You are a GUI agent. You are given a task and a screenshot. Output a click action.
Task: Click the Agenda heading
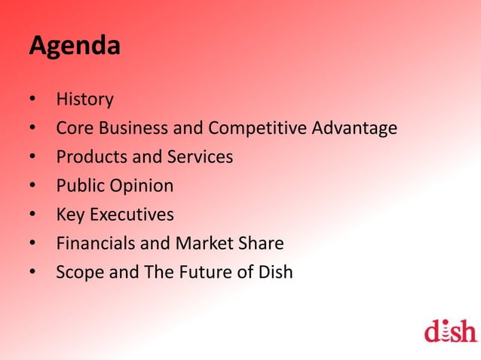point(75,47)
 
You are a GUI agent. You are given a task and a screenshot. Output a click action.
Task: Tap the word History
point(84,99)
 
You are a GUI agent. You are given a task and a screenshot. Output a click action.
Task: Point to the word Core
point(73,129)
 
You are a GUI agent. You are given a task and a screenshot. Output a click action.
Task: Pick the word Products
point(87,157)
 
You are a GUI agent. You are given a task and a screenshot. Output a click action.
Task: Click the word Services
point(201,157)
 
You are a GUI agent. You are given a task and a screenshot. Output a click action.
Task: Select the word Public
point(80,186)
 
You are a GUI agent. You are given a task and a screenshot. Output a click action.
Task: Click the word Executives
point(131,215)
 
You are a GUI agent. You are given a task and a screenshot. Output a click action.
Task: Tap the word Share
point(260,243)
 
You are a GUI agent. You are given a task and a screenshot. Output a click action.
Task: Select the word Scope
point(80,272)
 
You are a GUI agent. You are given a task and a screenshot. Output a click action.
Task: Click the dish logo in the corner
point(450,330)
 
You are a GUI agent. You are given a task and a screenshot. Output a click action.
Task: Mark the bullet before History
point(33,100)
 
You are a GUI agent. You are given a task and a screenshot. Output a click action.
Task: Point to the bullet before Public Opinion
point(33,187)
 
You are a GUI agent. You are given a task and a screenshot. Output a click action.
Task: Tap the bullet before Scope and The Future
point(33,273)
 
